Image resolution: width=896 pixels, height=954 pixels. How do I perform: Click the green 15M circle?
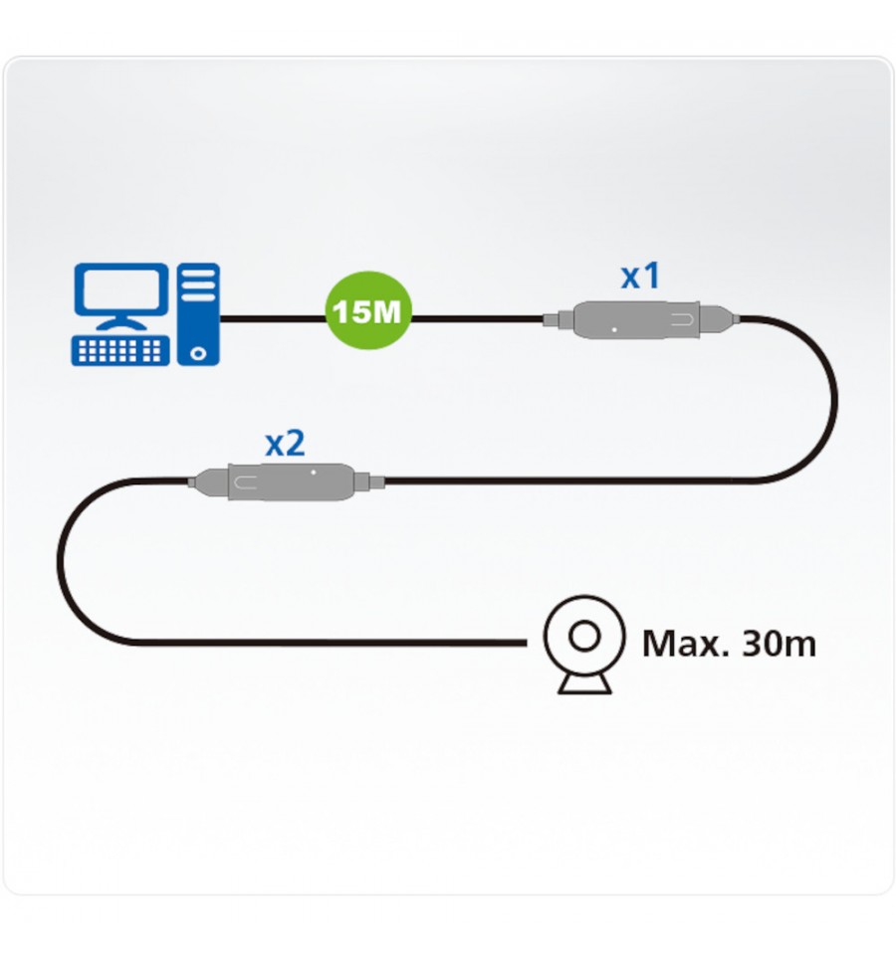coord(368,310)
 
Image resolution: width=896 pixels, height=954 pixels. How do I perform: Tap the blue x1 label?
coord(640,276)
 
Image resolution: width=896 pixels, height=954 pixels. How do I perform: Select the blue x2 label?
coord(285,444)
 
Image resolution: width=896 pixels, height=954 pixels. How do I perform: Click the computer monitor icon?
coord(121,296)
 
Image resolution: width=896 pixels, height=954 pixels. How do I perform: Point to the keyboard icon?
coord(120,350)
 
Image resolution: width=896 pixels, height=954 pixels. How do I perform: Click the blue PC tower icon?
coord(198,314)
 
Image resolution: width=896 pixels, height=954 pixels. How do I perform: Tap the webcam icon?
coord(584,645)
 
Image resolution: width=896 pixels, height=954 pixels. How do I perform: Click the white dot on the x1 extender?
coord(615,329)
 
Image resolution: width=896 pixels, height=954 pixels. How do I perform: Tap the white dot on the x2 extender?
coord(314,473)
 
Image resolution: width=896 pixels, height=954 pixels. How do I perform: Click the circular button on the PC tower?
coord(198,353)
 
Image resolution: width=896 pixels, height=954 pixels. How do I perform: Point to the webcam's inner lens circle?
coord(584,637)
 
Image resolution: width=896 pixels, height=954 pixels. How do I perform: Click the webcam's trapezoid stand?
coord(585,683)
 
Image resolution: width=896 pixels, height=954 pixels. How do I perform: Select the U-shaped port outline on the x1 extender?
coord(682,319)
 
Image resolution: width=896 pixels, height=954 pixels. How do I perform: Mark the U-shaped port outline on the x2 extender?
coord(246,482)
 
